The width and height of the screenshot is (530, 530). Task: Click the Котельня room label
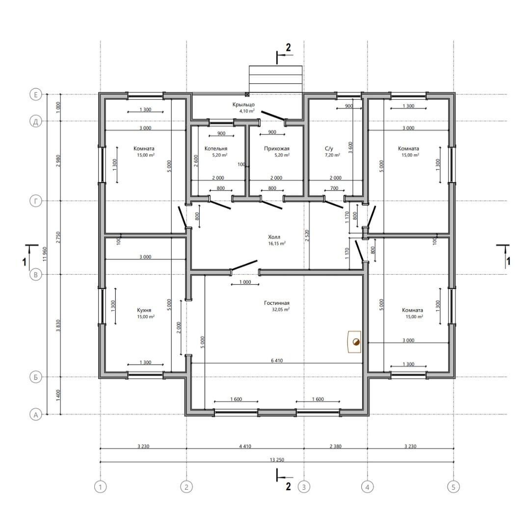click(215, 148)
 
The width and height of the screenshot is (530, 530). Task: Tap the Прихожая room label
click(276, 148)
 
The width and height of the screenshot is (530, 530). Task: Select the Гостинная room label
click(277, 303)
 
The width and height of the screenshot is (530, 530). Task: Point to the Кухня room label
click(144, 310)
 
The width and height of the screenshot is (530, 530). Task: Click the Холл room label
click(274, 237)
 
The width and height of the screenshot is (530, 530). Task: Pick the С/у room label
click(329, 148)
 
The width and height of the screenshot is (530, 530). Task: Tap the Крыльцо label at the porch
click(243, 105)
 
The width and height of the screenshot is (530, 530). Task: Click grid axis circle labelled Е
click(36, 94)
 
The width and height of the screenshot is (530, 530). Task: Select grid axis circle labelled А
click(36, 414)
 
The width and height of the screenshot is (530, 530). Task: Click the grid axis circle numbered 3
click(304, 487)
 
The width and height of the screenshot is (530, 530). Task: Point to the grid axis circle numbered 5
click(453, 487)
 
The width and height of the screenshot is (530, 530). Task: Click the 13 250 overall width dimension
click(277, 460)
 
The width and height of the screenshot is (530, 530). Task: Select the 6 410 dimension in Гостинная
click(277, 361)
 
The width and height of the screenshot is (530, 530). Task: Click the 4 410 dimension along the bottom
click(245, 446)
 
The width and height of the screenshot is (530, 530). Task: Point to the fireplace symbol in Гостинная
click(355, 342)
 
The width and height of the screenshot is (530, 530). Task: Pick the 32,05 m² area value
click(281, 309)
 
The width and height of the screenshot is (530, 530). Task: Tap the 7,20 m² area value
click(332, 155)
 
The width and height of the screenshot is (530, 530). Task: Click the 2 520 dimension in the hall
click(307, 236)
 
